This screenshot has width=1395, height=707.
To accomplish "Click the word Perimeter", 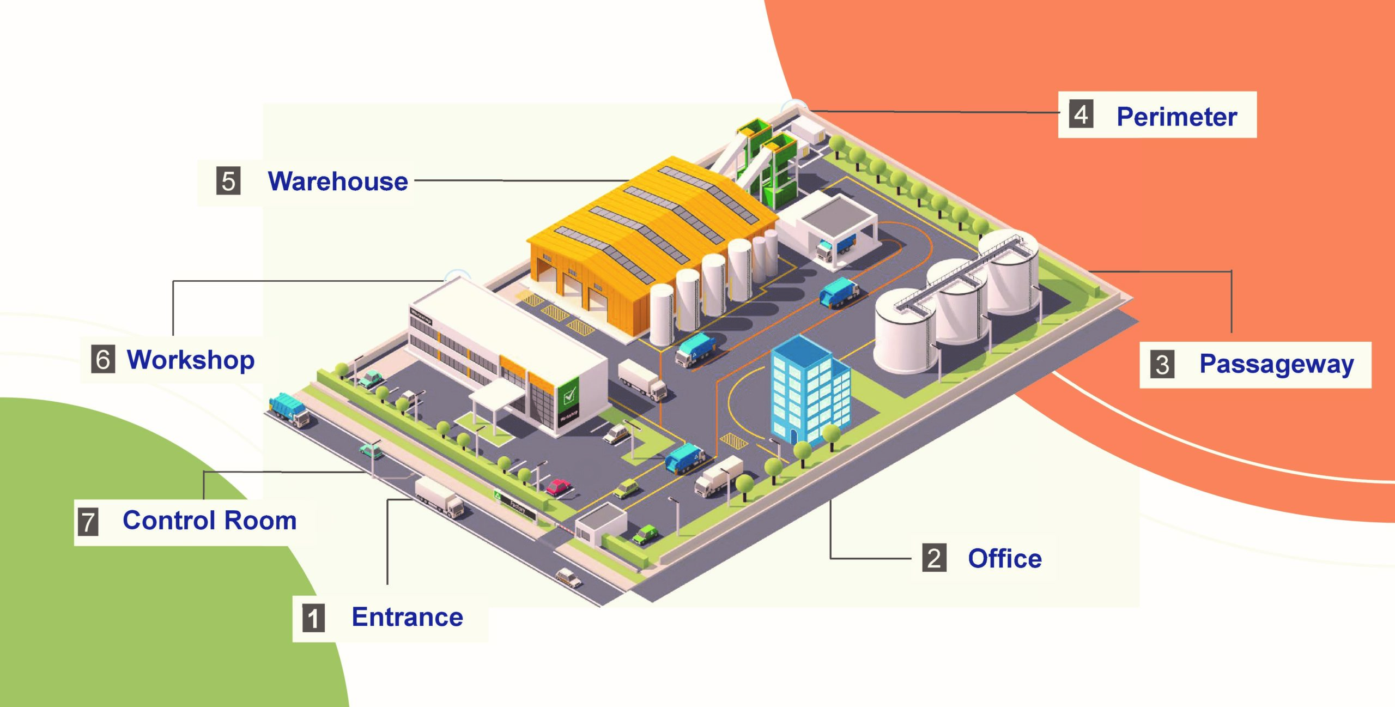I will coord(1176,117).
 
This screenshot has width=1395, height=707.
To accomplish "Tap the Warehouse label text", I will coord(338,182).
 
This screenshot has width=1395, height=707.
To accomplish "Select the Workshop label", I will coord(191,360).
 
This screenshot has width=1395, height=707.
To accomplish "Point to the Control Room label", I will coord(210,521).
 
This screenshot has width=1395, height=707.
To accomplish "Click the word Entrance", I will coord(407,617).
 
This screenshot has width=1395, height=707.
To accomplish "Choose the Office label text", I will coord(1004,559).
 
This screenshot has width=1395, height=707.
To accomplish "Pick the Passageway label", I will coord(1276,364).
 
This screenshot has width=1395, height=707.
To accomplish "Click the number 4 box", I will coord(1081,115).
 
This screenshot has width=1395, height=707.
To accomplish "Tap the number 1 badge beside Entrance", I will coord(313,618).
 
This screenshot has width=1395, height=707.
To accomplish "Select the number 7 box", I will coord(88,522).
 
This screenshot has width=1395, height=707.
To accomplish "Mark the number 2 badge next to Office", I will coord(934,558).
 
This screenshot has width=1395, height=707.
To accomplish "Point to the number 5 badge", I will coord(228,181).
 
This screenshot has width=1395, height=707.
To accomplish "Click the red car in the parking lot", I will coord(558,486).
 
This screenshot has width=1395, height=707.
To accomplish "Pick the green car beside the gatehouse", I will coord(645,534).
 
